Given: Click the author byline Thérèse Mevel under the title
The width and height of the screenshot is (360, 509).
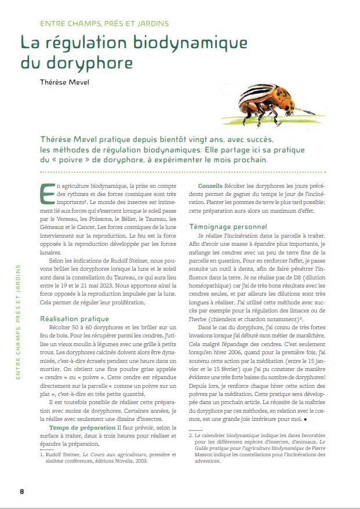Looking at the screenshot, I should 65,82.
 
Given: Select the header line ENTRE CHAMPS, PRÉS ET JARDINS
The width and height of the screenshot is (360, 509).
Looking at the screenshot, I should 104,24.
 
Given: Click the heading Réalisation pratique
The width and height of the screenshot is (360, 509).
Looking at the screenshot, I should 74,318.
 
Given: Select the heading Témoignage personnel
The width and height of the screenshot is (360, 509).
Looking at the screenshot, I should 228,226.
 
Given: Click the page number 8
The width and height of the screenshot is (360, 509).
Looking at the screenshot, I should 22,491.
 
